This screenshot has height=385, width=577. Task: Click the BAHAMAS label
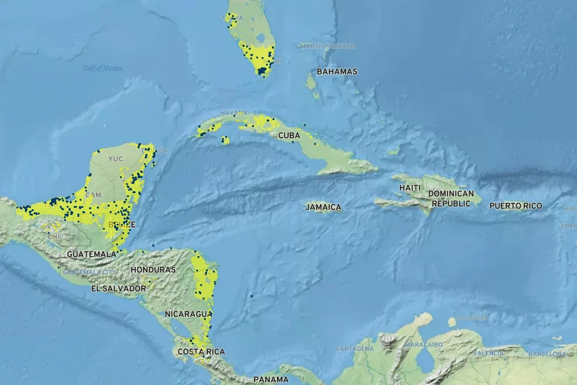[337, 72]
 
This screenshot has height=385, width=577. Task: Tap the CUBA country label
[289, 135]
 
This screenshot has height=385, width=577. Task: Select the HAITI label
[410, 187]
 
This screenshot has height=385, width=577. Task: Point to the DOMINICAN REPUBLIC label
[451, 198]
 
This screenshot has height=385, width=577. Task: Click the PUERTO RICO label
[515, 206]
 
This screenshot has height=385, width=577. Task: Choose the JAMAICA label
[323, 207]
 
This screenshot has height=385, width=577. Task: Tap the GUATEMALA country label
[92, 254]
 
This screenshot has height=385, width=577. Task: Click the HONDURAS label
[153, 269]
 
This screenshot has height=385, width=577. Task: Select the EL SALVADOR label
[119, 289]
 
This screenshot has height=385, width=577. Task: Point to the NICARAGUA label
[188, 314]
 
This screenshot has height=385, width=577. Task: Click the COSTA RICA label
[201, 352]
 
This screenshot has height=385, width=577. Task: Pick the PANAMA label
[271, 379]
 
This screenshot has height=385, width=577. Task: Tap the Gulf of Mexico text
[103, 69]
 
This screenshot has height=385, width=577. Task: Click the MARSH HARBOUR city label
[327, 46]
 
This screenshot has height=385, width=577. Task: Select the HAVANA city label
[233, 113]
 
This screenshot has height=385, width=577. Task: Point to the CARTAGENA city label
[355, 348]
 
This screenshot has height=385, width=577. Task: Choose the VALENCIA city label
[489, 353]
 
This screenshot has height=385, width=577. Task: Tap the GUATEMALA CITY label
[90, 272]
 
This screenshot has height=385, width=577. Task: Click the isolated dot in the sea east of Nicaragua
[251, 296]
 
